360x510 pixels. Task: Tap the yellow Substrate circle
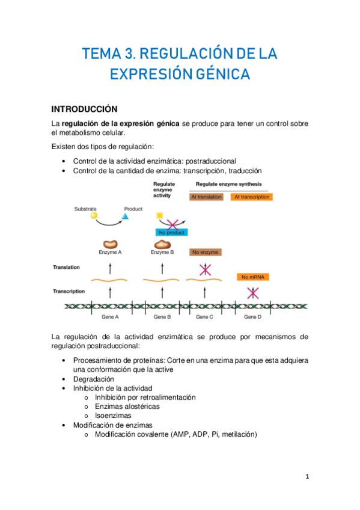pos(94,216)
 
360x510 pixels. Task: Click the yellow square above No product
pos(159,215)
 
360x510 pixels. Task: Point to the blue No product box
pos(171,232)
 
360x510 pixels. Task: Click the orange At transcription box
pos(252,197)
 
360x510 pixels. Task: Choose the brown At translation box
pos(206,197)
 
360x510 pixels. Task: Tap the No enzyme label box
pos(205,253)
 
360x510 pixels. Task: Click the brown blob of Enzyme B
pos(162,244)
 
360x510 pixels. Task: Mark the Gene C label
pos(205,316)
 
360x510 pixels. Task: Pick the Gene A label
pos(110,316)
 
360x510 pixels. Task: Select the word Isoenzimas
pos(114,415)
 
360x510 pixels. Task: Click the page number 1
pos(307,477)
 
